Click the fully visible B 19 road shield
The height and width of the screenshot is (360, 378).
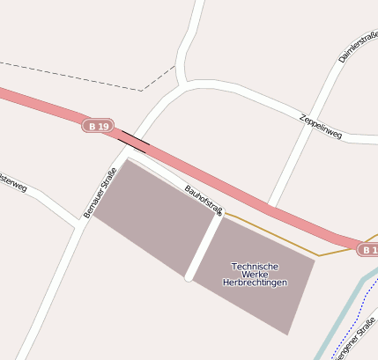(x=100, y=127)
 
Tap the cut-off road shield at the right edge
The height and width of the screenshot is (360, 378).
(x=369, y=250)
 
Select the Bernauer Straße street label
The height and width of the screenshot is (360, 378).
(x=100, y=192)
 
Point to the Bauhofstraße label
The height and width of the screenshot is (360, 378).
(x=204, y=199)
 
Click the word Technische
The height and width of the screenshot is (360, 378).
(x=254, y=266)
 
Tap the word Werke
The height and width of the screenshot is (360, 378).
(x=254, y=275)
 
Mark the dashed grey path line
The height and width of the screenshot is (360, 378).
(x=70, y=76)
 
